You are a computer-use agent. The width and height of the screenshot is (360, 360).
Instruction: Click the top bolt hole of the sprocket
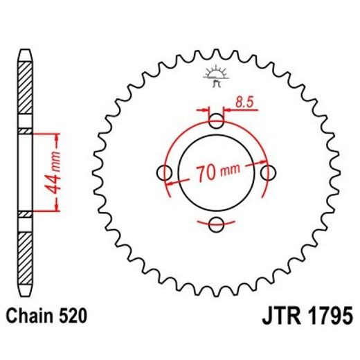coord(217,122)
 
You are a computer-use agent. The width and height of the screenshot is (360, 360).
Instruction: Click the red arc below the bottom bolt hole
coord(217,236)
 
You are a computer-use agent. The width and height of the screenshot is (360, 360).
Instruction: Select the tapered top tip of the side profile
coord(25,55)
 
